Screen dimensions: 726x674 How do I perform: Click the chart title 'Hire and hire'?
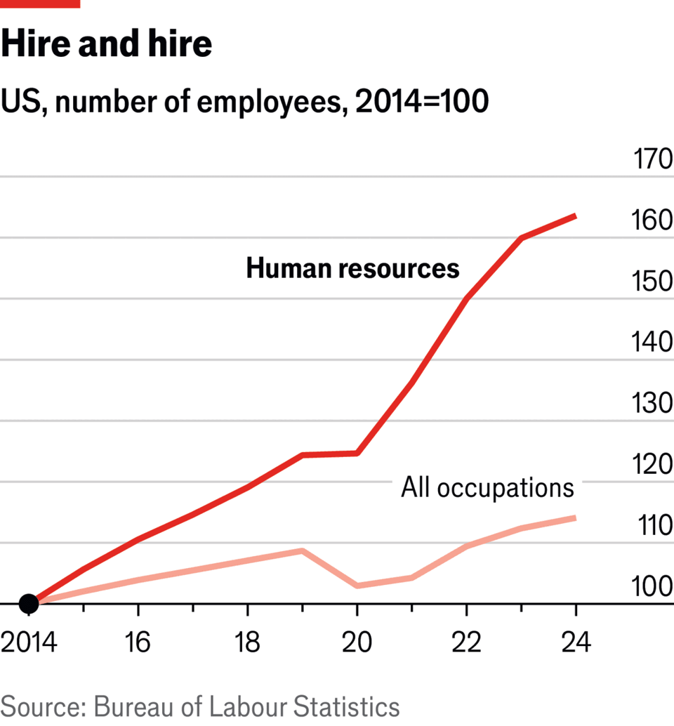click(106, 45)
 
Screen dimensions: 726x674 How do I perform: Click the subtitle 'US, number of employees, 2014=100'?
click(244, 103)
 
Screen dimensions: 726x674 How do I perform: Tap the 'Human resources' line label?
click(352, 268)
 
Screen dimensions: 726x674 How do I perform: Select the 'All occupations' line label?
click(487, 487)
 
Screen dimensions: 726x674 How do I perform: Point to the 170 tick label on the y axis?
click(653, 160)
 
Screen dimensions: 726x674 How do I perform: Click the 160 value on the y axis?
click(653, 221)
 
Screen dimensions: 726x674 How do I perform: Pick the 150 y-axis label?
click(653, 282)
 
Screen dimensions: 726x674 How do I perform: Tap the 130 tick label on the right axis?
click(653, 404)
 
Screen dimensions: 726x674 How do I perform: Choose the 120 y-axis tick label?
click(653, 465)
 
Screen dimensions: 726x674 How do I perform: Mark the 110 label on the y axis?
click(653, 526)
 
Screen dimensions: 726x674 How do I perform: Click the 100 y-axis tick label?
click(653, 587)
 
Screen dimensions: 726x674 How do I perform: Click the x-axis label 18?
click(247, 642)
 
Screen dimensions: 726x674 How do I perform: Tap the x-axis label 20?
click(357, 642)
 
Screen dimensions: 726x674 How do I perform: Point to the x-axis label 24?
click(576, 642)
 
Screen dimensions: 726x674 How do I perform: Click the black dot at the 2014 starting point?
click(29, 603)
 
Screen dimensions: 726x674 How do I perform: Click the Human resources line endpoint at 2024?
click(576, 216)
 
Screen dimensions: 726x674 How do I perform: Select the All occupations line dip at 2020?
click(357, 585)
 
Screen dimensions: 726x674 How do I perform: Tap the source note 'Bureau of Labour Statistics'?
click(246, 706)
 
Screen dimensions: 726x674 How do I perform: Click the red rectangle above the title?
click(40, 4)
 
